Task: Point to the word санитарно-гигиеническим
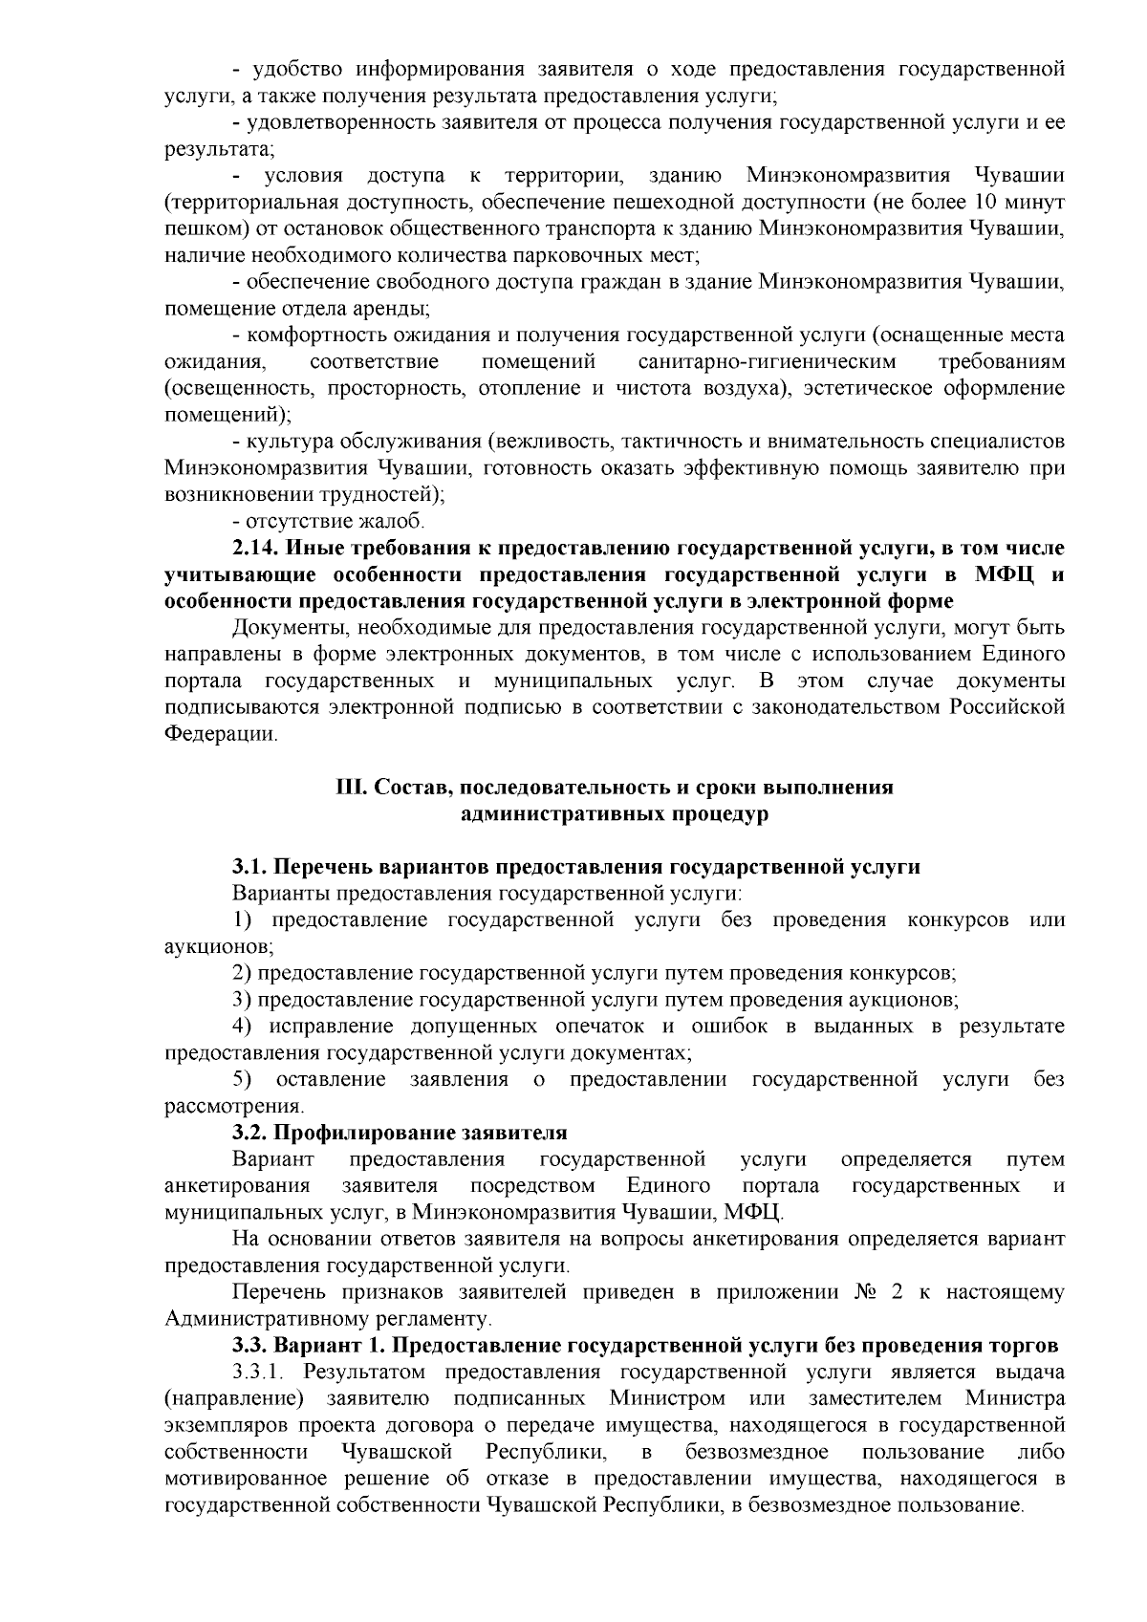click(x=767, y=362)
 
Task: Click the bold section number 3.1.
click(x=250, y=867)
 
